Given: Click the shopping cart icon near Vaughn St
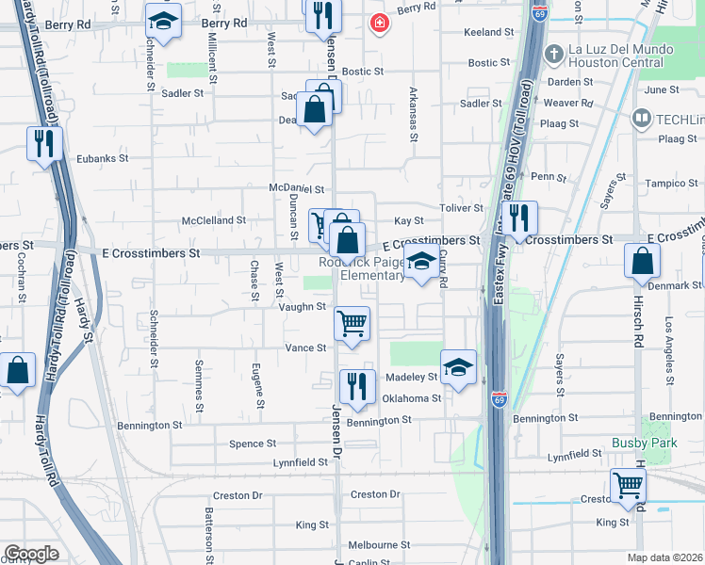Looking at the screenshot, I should [352, 325].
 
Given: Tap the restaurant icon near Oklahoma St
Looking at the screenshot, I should [357, 387].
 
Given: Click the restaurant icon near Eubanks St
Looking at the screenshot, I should [44, 143].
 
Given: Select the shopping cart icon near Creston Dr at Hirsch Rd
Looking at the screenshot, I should [628, 487].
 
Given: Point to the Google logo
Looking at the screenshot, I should [31, 554].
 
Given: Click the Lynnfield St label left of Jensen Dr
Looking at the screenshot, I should [300, 462].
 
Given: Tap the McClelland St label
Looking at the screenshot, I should [214, 220].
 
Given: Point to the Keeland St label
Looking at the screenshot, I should [488, 32].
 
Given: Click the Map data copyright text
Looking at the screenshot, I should [664, 557].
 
